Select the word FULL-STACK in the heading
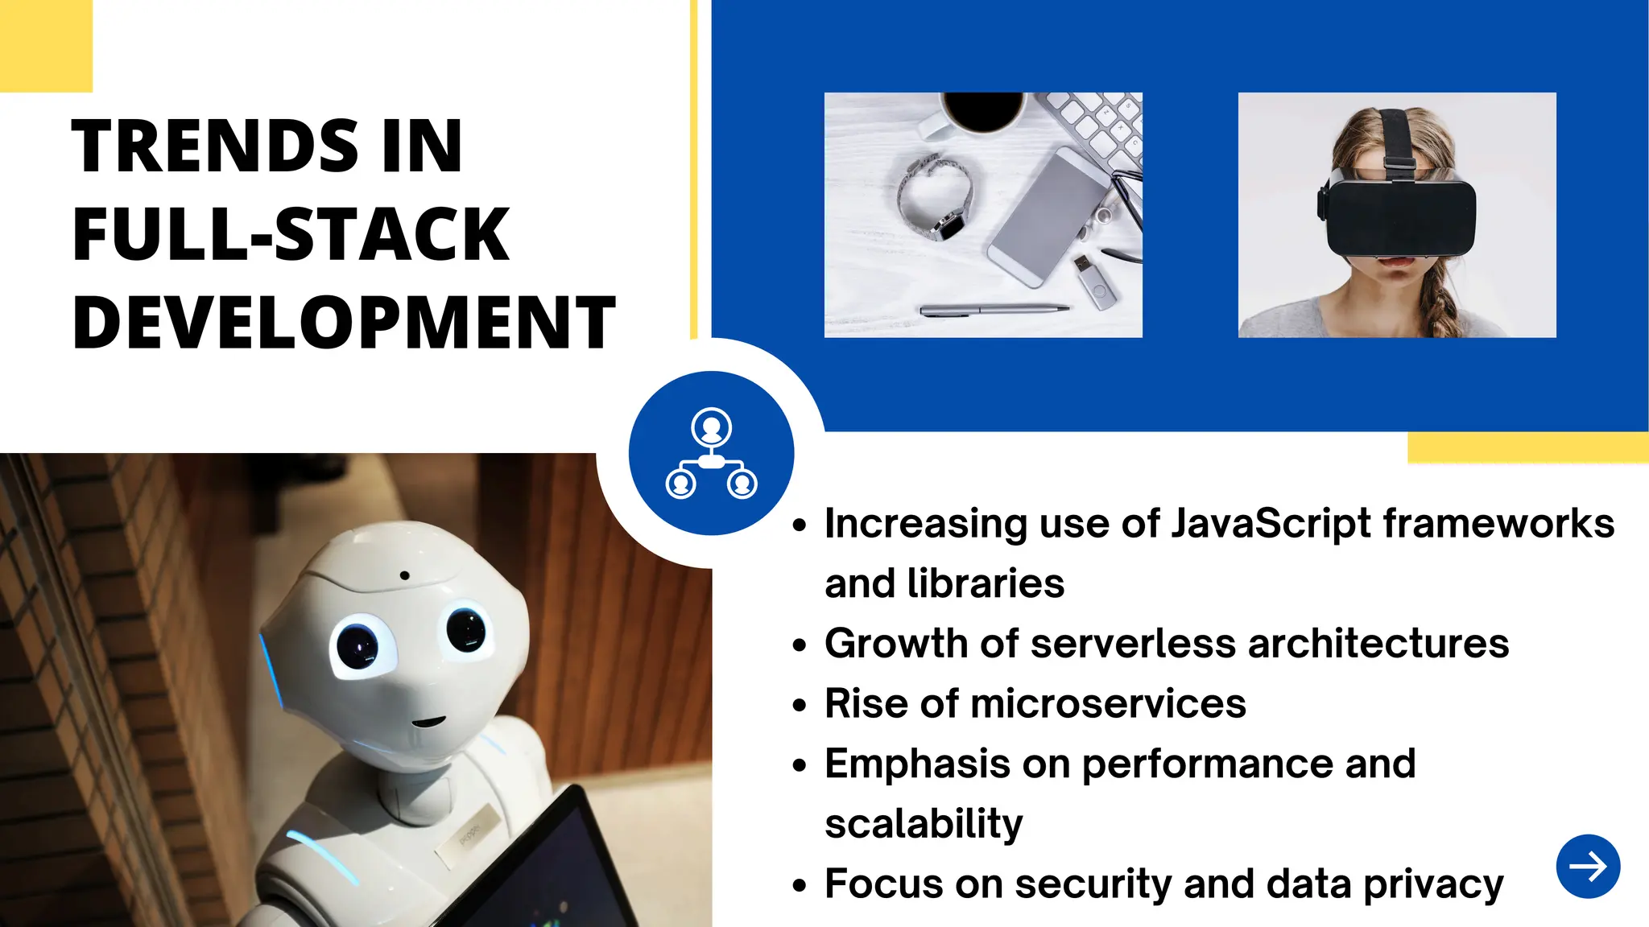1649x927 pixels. click(x=291, y=234)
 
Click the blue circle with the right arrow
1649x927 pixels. click(x=1588, y=866)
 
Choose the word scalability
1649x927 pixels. click(x=924, y=823)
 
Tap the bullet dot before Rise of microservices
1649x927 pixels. click(x=799, y=706)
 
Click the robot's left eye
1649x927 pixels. click(x=357, y=644)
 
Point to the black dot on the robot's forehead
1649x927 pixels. click(x=404, y=575)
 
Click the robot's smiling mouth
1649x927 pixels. click(x=428, y=721)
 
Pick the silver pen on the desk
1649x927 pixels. click(x=994, y=309)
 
